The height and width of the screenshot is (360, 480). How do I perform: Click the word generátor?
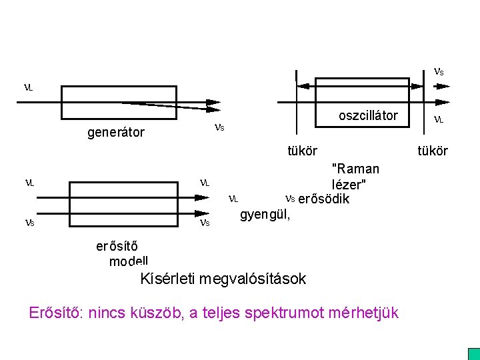[x=116, y=132]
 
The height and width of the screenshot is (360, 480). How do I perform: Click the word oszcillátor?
[x=368, y=115]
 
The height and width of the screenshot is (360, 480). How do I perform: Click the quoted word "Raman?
[x=355, y=169]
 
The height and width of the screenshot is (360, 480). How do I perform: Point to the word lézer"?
[x=349, y=184]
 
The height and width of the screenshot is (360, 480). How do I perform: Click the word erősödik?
[x=323, y=199]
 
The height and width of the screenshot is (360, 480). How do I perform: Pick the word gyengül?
[x=265, y=214]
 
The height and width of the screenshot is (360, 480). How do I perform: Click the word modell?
[x=129, y=261]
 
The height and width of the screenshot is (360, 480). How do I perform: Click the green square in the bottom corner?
[x=473, y=353]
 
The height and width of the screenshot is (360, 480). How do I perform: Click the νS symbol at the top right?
[x=439, y=71]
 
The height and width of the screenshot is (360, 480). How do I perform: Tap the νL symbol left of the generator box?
[x=29, y=87]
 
